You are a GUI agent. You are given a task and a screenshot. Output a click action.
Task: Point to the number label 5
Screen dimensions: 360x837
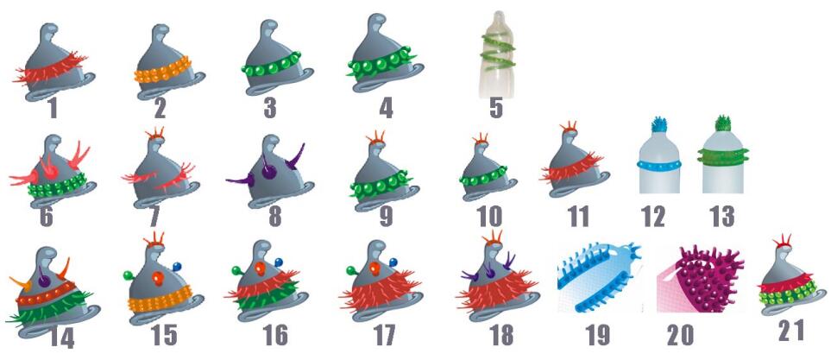pos(494,110)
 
